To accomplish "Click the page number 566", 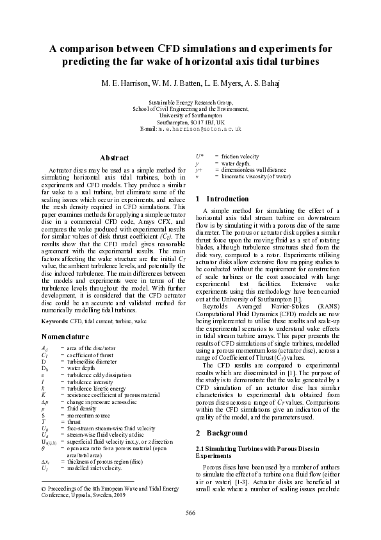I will (x=190, y=512).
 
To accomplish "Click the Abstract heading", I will (x=114, y=158).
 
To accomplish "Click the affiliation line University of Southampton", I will (x=191, y=115).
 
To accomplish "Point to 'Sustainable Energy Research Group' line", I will (x=190, y=103).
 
